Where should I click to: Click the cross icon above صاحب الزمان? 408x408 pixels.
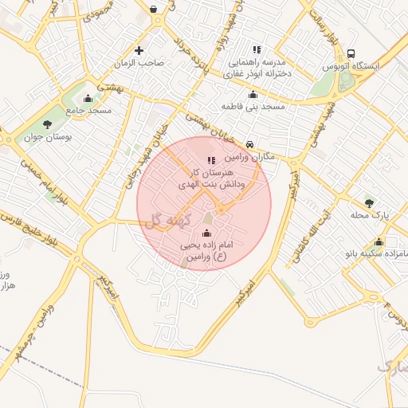[139, 49]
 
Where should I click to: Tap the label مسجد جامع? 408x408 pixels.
[88, 110]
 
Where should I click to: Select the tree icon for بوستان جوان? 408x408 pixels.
[47, 124]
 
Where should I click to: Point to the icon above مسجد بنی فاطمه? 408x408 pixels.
[253, 94]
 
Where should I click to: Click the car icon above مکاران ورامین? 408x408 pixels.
[251, 145]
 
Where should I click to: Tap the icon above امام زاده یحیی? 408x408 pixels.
[208, 233]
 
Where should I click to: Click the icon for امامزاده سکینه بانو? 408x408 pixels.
[379, 242]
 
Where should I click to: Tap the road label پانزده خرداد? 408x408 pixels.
[195, 56]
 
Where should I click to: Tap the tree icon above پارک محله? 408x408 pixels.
[368, 201]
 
